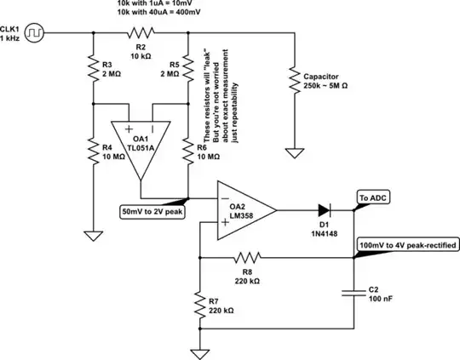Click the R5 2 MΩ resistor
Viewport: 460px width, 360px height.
coord(187,68)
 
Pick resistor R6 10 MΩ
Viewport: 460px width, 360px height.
coord(187,153)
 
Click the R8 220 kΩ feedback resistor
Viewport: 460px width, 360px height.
coord(247,255)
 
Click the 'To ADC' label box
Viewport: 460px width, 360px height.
coord(376,197)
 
